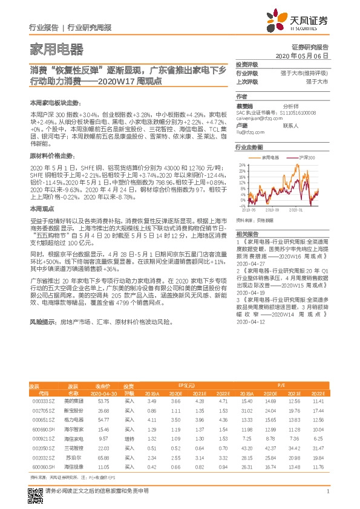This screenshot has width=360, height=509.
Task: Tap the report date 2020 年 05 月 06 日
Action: (x=302, y=56)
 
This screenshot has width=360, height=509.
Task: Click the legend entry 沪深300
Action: (x=306, y=157)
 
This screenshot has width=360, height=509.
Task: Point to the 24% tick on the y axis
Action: (x=241, y=164)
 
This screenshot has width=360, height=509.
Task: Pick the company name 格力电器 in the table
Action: (x=73, y=419)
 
